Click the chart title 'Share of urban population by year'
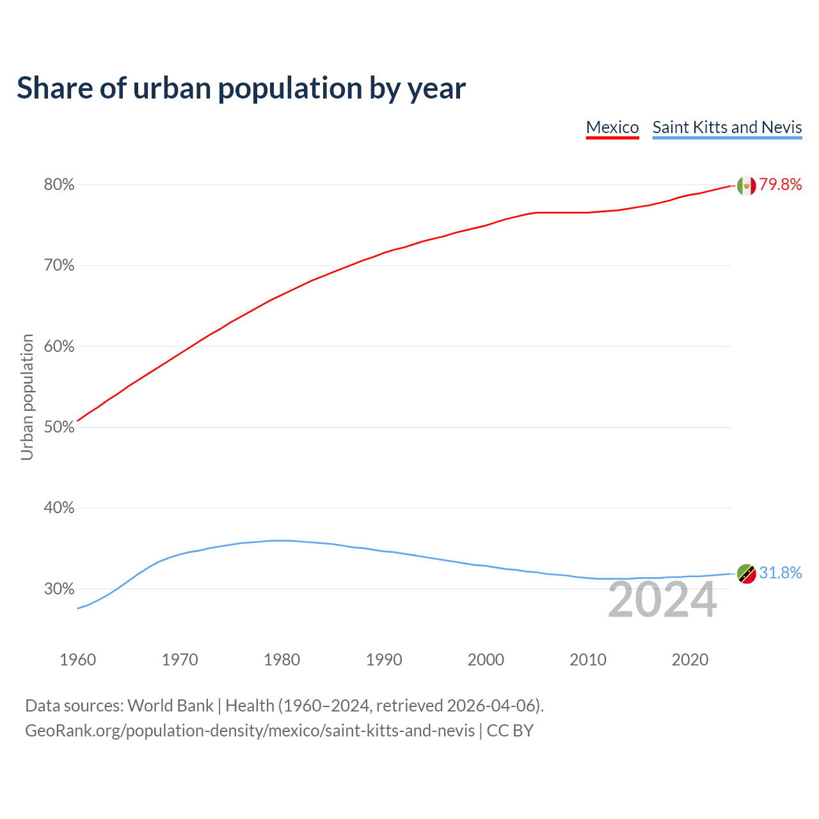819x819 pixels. click(x=241, y=88)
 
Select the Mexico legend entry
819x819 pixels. click(x=612, y=127)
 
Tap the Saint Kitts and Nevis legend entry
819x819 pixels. click(x=727, y=127)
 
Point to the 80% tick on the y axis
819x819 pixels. click(x=59, y=185)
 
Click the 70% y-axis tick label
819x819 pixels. click(x=59, y=266)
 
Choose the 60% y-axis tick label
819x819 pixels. click(x=59, y=347)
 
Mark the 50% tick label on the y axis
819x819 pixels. click(x=59, y=427)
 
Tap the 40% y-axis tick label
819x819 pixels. click(x=59, y=508)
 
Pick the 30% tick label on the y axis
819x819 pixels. click(x=59, y=589)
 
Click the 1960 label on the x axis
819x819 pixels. click(x=77, y=660)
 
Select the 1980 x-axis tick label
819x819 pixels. click(x=282, y=660)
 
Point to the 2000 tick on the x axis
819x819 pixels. click(x=486, y=660)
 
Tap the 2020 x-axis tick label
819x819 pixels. click(x=690, y=660)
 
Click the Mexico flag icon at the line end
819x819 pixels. click(x=746, y=186)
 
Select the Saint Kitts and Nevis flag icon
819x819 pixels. click(x=746, y=574)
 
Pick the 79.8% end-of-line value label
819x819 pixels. click(x=781, y=185)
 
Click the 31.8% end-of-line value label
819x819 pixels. click(x=781, y=573)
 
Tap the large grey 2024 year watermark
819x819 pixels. click(x=662, y=600)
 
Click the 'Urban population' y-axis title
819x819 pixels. click(x=27, y=397)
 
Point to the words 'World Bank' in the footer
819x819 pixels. click(x=170, y=706)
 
